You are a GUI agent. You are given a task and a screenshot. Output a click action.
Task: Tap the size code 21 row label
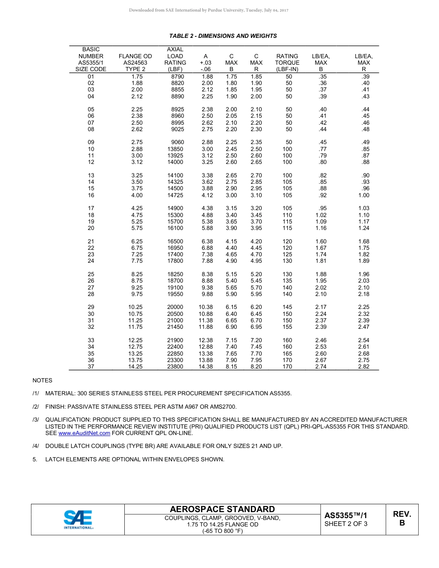pyautogui.click(x=91, y=242)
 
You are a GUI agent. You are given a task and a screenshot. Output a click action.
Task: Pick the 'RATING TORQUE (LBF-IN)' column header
pyautogui.click(x=287, y=62)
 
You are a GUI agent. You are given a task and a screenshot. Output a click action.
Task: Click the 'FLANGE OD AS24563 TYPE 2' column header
pyautogui.click(x=135, y=62)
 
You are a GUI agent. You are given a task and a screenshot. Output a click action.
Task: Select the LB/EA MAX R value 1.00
pyautogui.click(x=364, y=195)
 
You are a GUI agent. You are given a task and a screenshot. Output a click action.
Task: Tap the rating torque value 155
pyautogui.click(x=287, y=327)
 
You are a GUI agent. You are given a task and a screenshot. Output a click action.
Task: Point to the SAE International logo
pyautogui.click(x=78, y=520)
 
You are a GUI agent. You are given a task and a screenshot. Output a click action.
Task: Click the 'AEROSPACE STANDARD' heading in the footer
pyautogui.click(x=222, y=509)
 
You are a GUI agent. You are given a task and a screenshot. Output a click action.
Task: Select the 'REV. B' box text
pyautogui.click(x=402, y=519)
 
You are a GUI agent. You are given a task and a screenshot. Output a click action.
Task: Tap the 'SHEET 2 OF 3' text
pyautogui.click(x=346, y=524)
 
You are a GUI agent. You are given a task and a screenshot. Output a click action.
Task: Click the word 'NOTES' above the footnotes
pyautogui.click(x=43, y=381)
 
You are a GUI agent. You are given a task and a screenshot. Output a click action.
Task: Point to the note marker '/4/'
pyautogui.click(x=36, y=446)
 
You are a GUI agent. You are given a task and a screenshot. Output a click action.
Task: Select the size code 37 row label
pyautogui.click(x=91, y=367)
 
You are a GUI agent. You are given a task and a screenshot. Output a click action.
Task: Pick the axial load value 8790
pyautogui.click(x=177, y=77)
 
